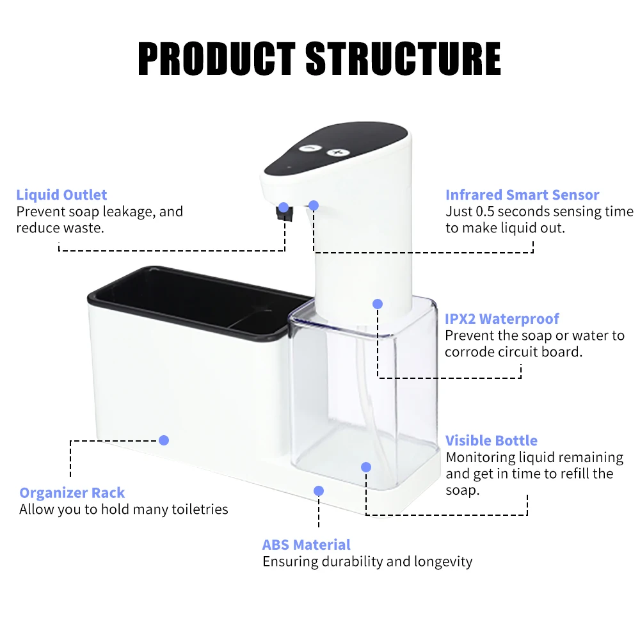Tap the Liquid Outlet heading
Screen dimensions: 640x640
pyautogui.click(x=61, y=195)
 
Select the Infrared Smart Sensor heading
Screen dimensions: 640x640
pyautogui.click(x=522, y=195)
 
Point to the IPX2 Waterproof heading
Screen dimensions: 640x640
pyautogui.click(x=502, y=318)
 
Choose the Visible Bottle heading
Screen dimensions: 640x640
pyautogui.click(x=492, y=440)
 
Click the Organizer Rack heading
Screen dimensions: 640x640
pyautogui.click(x=72, y=493)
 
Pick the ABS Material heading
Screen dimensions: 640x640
pyautogui.click(x=306, y=545)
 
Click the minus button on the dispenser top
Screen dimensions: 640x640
pyautogui.click(x=310, y=148)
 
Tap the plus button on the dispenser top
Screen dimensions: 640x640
pyautogui.click(x=338, y=153)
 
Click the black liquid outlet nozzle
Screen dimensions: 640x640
pyautogui.click(x=284, y=214)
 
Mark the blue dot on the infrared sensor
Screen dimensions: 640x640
pyautogui.click(x=314, y=205)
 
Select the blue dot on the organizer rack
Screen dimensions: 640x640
pyautogui.click(x=164, y=440)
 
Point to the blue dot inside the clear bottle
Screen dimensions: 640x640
pyautogui.click(x=366, y=467)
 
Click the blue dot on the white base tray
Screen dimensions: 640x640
pyautogui.click(x=319, y=491)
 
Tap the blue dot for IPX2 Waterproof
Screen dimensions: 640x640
pyautogui.click(x=378, y=303)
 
